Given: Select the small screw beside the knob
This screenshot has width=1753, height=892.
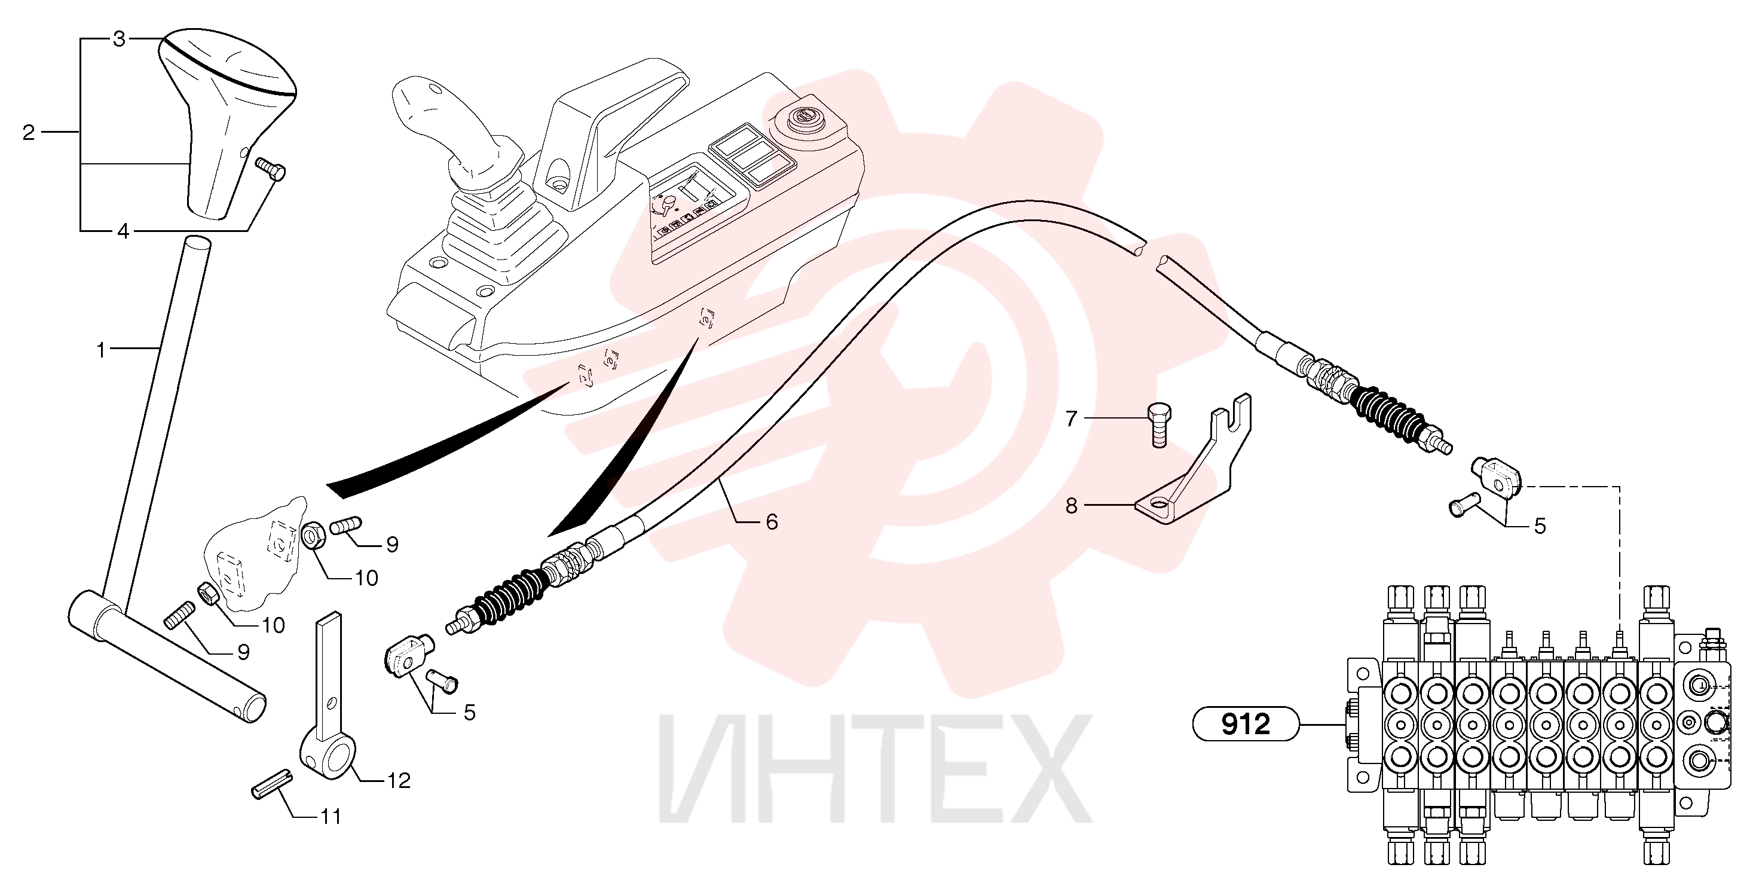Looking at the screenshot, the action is click(x=270, y=169).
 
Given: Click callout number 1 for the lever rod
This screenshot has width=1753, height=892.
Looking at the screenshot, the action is click(x=101, y=351).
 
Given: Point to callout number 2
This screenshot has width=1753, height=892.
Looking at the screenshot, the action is click(x=28, y=132).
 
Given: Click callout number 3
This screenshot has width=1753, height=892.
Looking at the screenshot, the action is click(x=119, y=39).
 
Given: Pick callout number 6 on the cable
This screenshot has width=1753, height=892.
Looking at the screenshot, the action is click(x=771, y=523).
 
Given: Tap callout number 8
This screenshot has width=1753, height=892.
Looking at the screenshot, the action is click(x=1071, y=506).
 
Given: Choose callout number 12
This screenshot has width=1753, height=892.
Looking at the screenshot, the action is click(x=398, y=781).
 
